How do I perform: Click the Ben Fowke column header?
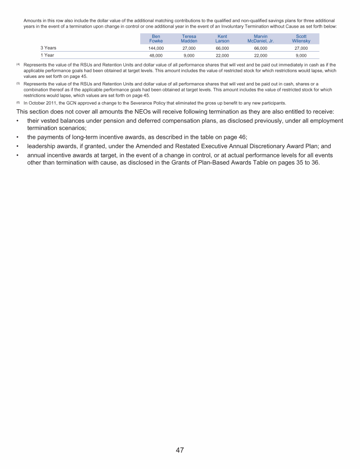[156, 38]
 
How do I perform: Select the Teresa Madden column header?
[189, 38]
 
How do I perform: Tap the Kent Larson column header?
[222, 38]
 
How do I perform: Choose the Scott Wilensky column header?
[301, 38]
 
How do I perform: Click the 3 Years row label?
[48, 48]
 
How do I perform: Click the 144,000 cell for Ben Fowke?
[156, 48]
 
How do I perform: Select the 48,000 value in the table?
[156, 55]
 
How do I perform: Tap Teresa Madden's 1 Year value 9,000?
[189, 55]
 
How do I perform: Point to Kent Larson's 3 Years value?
[222, 48]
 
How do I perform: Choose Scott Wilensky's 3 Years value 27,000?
[301, 48]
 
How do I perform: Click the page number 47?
[180, 450]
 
